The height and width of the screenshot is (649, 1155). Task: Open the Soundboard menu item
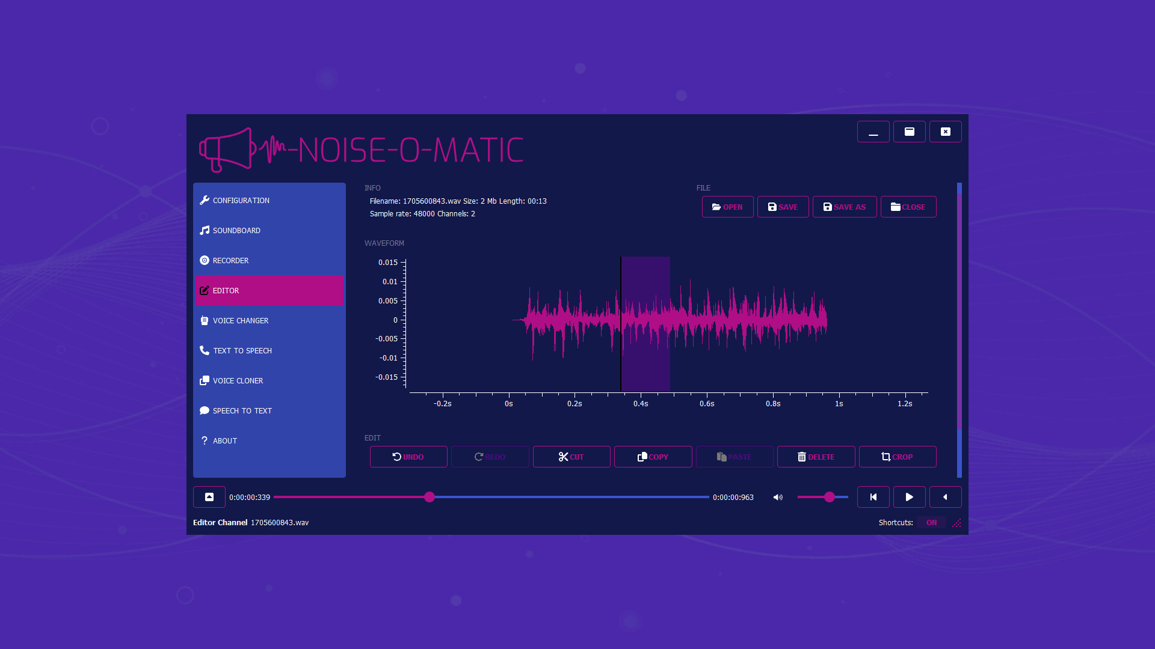click(236, 231)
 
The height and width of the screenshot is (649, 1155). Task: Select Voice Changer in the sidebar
click(240, 321)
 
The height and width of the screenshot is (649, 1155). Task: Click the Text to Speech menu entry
click(242, 351)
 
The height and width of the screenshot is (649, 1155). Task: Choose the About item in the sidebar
click(224, 441)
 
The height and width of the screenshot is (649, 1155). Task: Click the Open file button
click(727, 207)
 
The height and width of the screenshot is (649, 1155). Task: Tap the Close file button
click(908, 207)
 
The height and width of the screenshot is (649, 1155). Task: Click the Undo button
click(408, 457)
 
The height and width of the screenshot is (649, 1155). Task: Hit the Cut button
click(571, 457)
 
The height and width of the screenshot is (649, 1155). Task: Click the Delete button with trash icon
click(816, 457)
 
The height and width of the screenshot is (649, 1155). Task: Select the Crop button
click(897, 457)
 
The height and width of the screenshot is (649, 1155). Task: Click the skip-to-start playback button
click(873, 498)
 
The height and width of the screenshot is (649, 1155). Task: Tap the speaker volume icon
click(778, 498)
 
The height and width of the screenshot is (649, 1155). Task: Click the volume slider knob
click(830, 498)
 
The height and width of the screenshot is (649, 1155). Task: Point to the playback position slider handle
click(430, 498)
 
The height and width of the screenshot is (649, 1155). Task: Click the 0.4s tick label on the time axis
click(641, 404)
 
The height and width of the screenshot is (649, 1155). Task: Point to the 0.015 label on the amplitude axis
click(388, 263)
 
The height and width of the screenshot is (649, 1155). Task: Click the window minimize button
click(873, 132)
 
